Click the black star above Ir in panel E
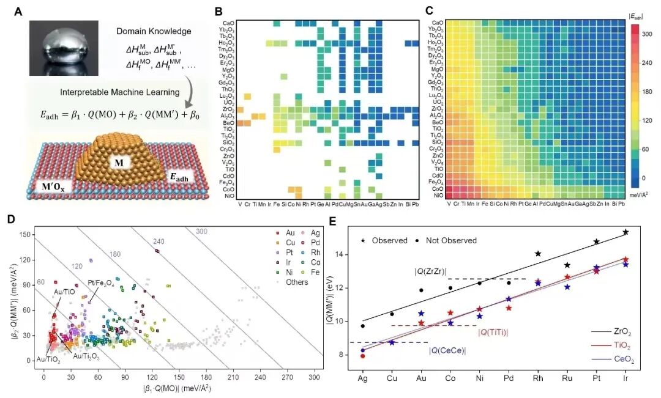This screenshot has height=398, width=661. [626, 232]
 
